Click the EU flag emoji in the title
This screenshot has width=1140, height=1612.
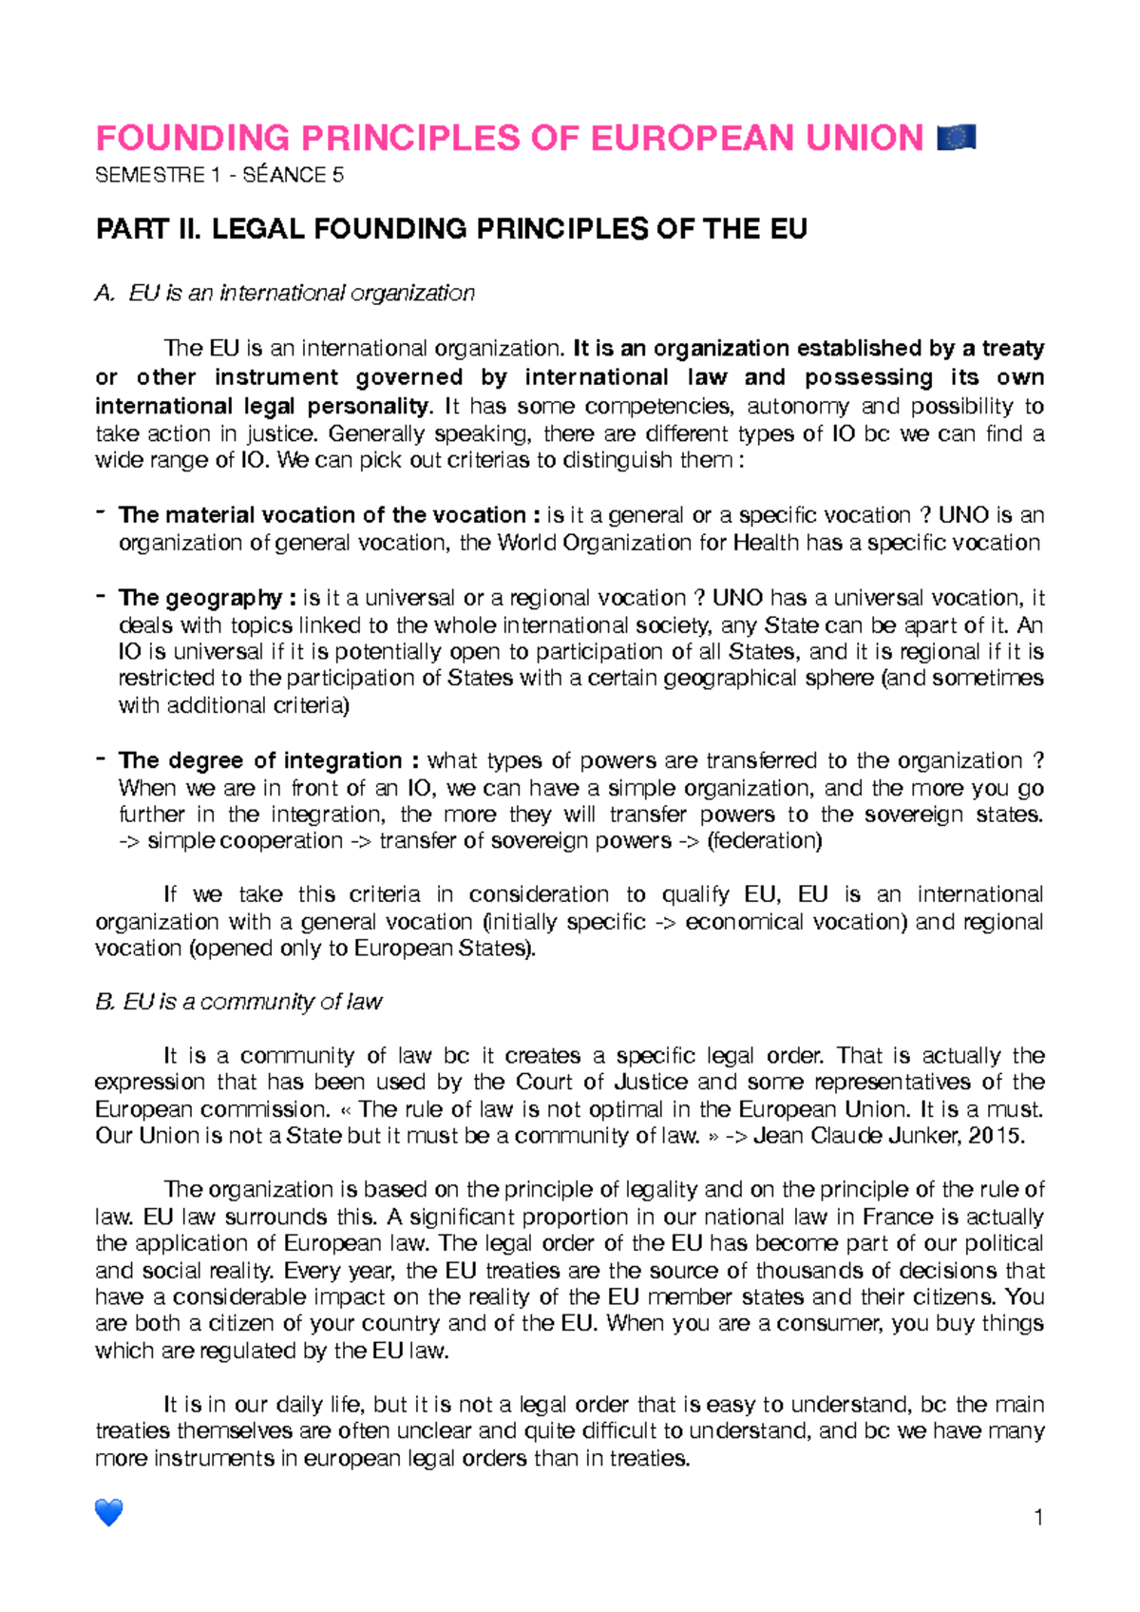(956, 139)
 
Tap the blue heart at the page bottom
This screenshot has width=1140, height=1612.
(109, 1512)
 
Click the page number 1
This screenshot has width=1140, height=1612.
(1038, 1517)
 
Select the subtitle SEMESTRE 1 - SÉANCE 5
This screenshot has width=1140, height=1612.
(219, 175)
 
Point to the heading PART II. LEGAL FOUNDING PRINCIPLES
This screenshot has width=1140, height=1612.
(451, 229)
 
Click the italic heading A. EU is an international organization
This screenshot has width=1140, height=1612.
(285, 293)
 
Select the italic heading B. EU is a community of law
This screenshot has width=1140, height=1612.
(238, 1002)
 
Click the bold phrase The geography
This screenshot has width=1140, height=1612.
(199, 598)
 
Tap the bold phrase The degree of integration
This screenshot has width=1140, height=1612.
(261, 760)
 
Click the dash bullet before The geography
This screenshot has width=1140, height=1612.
(100, 596)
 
